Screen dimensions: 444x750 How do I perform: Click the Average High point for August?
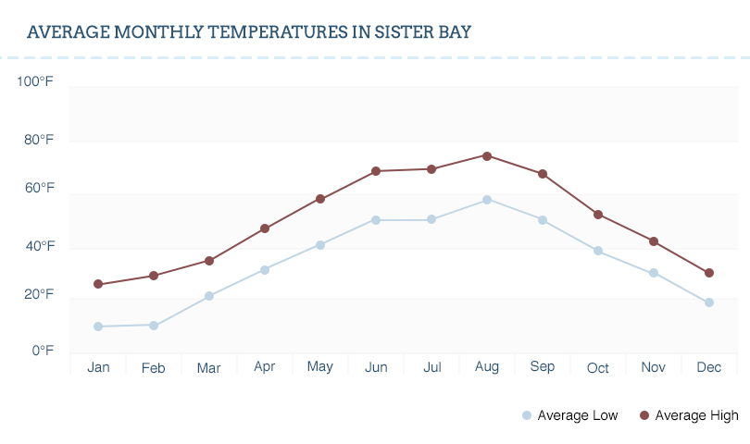(487, 155)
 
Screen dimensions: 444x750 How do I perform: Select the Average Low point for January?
(98, 327)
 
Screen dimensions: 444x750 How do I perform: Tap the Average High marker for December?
(709, 273)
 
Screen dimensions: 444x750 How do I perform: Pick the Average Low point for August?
(487, 200)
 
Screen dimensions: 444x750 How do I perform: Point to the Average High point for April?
(265, 228)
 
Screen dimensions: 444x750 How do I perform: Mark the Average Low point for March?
(209, 296)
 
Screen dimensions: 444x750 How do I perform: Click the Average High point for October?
(598, 215)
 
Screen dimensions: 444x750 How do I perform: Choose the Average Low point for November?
(654, 273)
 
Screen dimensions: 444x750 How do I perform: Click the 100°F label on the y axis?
(35, 82)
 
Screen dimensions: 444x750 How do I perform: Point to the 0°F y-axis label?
(43, 351)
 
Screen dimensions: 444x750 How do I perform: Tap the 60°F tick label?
(39, 189)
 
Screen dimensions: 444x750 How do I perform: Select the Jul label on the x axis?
(431, 367)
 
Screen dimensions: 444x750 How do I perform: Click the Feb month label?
(154, 368)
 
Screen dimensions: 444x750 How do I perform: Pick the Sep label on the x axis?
(543, 367)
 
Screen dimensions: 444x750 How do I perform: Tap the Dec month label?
(709, 367)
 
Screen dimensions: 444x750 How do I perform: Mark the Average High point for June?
(376, 171)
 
